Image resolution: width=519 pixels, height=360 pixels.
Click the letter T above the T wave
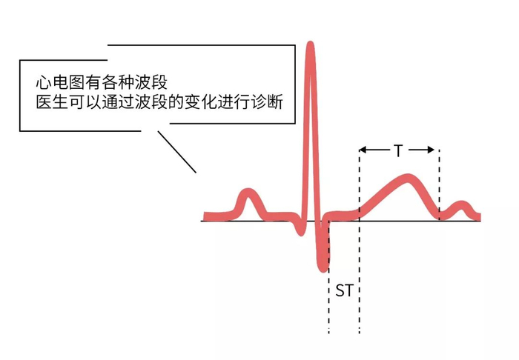point(398,151)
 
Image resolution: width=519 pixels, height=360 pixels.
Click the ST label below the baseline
point(344,290)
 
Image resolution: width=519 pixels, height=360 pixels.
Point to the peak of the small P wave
point(247,194)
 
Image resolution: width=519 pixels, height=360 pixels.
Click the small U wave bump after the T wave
point(462,205)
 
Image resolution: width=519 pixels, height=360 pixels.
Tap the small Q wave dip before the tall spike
point(300,228)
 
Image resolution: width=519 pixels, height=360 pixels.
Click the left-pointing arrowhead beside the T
point(364,150)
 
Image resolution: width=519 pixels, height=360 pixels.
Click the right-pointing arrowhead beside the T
point(432,150)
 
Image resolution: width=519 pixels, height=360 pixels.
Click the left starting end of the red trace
point(206,216)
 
